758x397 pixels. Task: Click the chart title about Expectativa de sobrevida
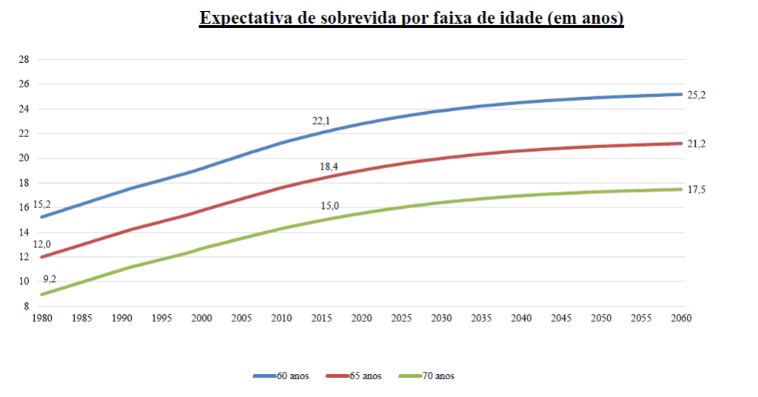[x=412, y=19]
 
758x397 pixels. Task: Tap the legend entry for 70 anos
[x=435, y=376]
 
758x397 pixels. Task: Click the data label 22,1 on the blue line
[x=321, y=120]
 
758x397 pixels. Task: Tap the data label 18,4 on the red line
[x=329, y=167]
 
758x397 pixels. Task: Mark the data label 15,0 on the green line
[x=329, y=206]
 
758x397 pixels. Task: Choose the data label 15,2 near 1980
[x=42, y=204]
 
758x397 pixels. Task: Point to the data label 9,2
[x=50, y=278]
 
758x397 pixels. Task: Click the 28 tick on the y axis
[x=23, y=59]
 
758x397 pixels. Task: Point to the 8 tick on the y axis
[x=26, y=306]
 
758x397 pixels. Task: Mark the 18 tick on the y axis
[x=23, y=183]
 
